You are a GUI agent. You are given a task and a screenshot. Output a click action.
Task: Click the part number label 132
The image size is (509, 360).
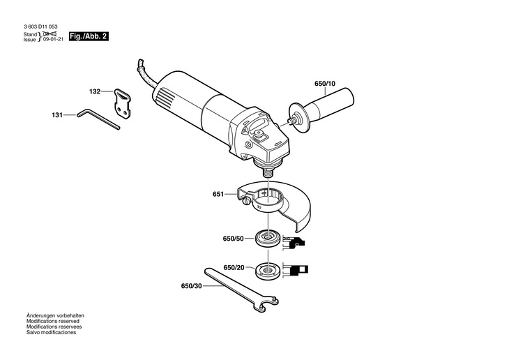click(x=95, y=91)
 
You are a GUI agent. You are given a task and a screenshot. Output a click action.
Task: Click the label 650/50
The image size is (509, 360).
click(x=234, y=239)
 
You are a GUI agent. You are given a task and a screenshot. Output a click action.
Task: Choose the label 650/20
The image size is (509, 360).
click(x=234, y=268)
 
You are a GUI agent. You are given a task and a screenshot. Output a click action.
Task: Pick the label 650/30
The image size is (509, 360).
click(x=191, y=286)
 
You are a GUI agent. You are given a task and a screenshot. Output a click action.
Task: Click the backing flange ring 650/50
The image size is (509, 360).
click(x=268, y=238)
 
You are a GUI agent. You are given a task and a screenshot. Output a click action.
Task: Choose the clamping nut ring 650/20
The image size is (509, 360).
click(x=268, y=268)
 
